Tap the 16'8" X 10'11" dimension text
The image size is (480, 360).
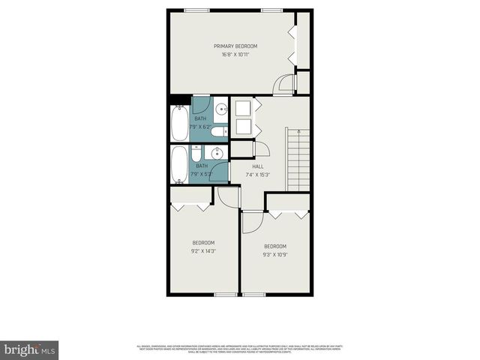[x=235, y=55]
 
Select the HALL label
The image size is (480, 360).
[x=257, y=166]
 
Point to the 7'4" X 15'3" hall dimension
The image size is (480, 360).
[x=257, y=175]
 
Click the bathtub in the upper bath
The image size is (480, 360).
[x=180, y=124]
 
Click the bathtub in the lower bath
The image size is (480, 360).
[x=180, y=164]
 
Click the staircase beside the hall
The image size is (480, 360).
[x=298, y=159]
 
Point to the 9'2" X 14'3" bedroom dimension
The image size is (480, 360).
[x=203, y=251]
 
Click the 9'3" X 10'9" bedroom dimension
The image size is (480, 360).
[x=274, y=255]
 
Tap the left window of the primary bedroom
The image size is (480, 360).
[x=196, y=10]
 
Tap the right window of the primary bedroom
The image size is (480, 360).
[x=271, y=10]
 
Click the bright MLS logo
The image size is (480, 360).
[x=30, y=349]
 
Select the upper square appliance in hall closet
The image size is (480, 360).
[x=242, y=108]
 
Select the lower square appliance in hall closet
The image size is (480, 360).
[x=242, y=128]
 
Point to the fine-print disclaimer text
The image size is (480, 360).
[x=240, y=348]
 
